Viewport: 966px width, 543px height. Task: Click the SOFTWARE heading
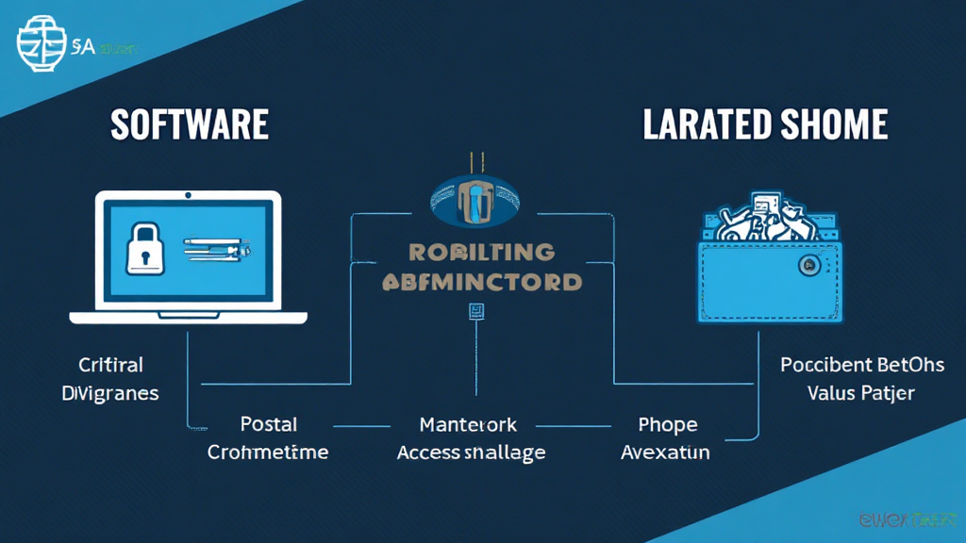tap(190, 125)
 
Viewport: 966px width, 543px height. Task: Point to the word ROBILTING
tap(481, 252)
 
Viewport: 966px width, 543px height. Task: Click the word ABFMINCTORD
tap(482, 281)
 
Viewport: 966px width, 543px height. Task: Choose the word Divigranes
tap(110, 393)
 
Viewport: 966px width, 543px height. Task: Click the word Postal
tap(269, 424)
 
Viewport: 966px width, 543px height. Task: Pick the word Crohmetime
tap(268, 452)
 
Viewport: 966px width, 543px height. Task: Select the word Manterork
tap(468, 424)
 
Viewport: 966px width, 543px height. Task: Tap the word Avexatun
tap(665, 452)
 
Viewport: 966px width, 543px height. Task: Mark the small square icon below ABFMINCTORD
tap(476, 310)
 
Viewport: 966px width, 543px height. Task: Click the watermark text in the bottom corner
tap(907, 519)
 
